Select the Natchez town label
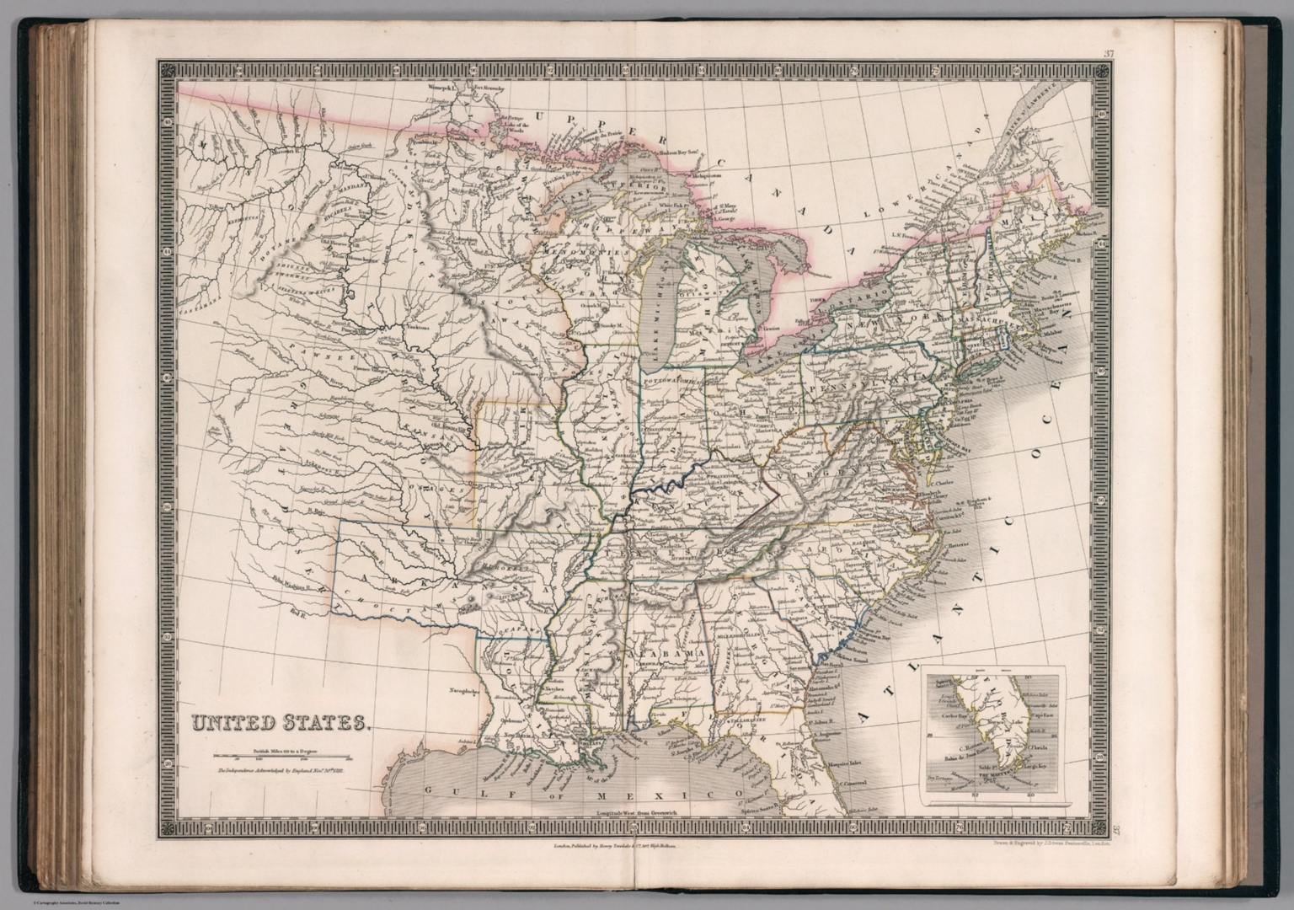552,688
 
